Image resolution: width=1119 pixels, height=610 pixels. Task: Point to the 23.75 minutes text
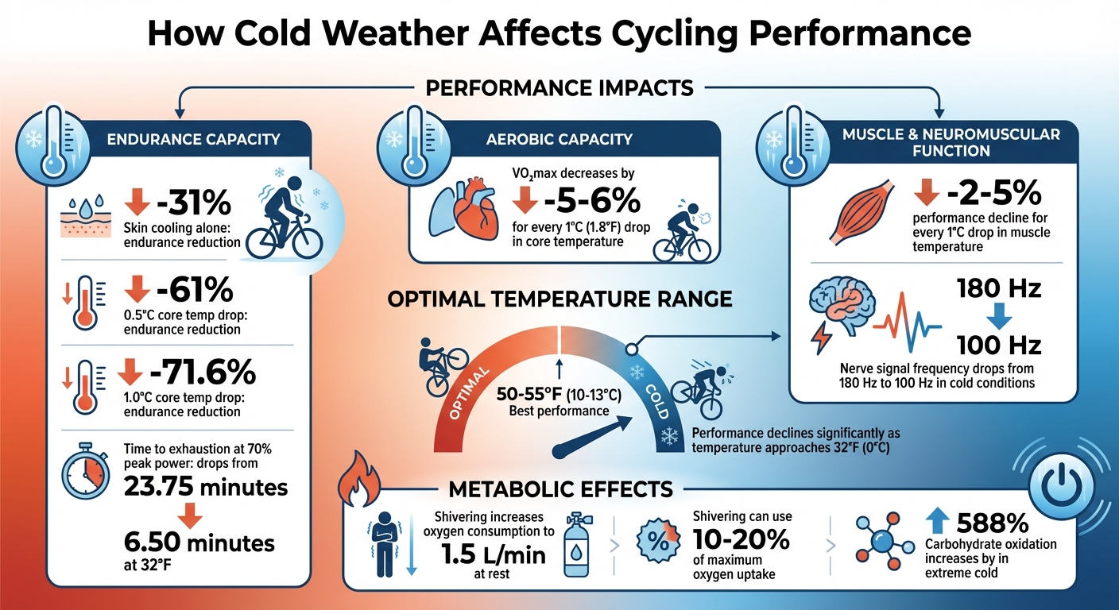[x=206, y=485]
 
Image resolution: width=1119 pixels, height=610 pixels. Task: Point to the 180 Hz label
[x=997, y=288]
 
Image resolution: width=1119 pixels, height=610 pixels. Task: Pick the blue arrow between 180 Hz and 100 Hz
[x=997, y=317]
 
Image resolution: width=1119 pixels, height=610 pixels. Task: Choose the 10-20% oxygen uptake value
[x=742, y=539]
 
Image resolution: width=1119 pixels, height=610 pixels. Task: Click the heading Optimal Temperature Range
[x=559, y=300]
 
